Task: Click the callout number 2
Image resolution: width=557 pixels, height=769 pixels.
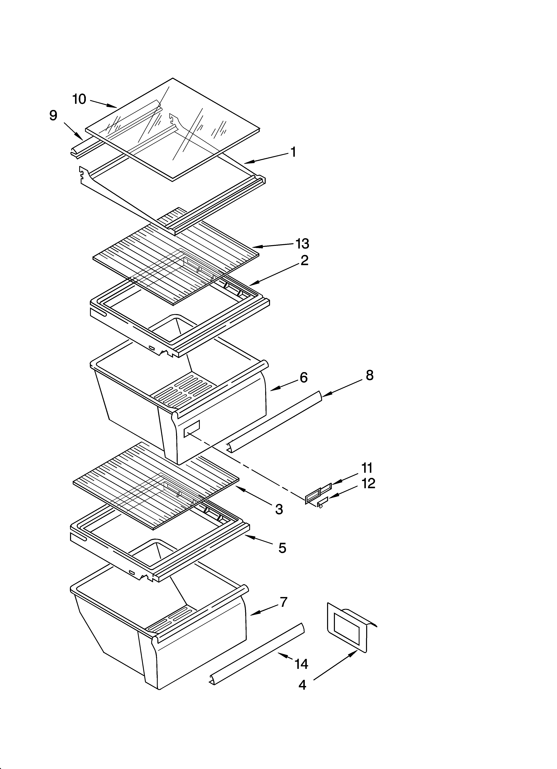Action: coord(304,260)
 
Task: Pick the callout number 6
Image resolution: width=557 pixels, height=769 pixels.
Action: coord(303,377)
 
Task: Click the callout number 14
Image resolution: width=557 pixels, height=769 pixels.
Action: coord(301,664)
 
